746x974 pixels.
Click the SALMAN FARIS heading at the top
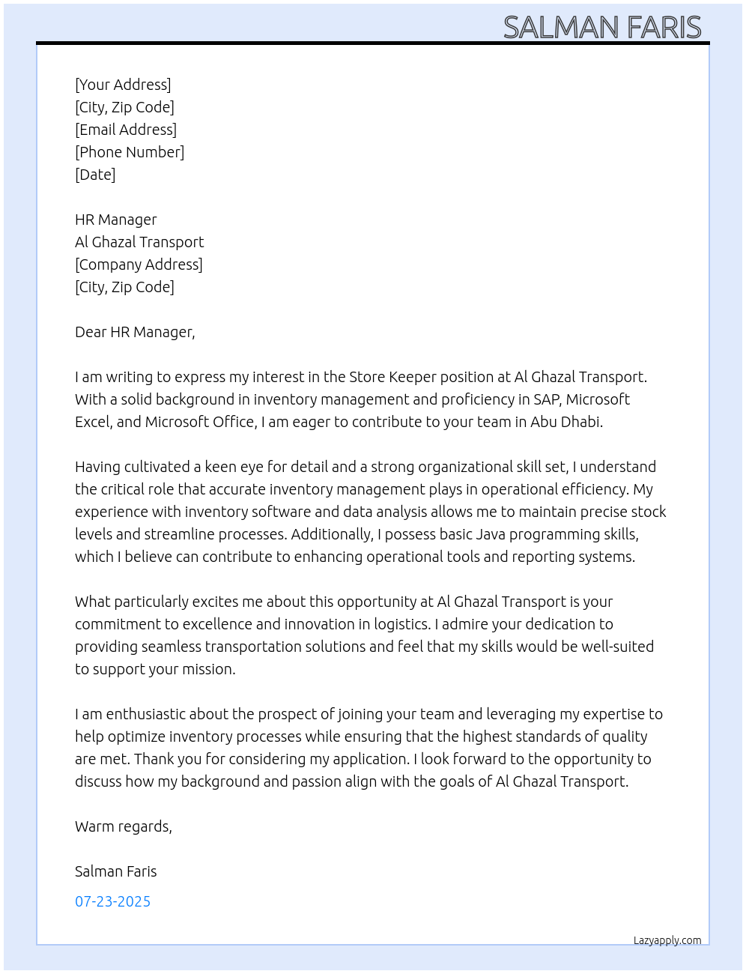(x=602, y=27)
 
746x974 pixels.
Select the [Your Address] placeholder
(x=123, y=85)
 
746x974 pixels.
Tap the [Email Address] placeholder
(x=126, y=130)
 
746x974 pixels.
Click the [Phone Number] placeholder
(x=130, y=152)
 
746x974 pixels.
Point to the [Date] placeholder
(x=95, y=175)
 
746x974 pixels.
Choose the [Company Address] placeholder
(x=139, y=264)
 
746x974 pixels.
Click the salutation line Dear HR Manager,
(x=135, y=332)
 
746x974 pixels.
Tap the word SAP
(x=547, y=399)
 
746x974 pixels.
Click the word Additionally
(x=331, y=534)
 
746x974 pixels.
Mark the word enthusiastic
(x=145, y=714)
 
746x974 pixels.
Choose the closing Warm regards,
(x=124, y=826)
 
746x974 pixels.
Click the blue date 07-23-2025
(x=112, y=901)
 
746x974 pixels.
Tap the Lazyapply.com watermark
(x=667, y=940)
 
